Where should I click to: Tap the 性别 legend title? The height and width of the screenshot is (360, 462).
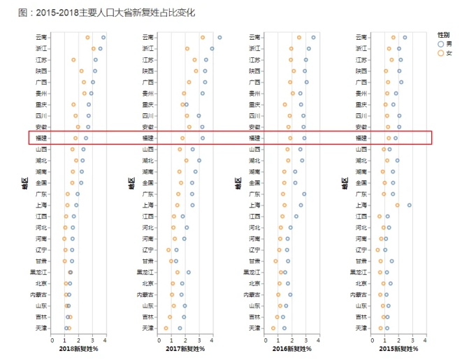(x=443, y=34)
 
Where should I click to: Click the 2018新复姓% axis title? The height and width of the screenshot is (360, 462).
(x=78, y=348)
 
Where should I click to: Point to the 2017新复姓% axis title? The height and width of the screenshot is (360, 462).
(x=186, y=348)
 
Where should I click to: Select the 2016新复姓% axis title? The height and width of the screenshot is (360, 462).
(x=294, y=348)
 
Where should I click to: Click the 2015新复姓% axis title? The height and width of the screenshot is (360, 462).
(x=400, y=348)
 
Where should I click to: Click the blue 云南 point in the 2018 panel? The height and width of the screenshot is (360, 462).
(x=103, y=37)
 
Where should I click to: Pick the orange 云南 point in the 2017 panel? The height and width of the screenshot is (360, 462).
(x=203, y=37)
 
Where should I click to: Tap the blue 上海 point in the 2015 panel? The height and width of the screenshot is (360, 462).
(x=410, y=205)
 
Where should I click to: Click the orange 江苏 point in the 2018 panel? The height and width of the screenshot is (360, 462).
(x=73, y=59)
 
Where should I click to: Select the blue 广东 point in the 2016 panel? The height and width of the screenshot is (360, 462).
(x=304, y=194)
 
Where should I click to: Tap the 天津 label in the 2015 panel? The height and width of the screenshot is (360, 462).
(x=362, y=328)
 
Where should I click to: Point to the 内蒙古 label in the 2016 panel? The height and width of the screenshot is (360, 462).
(x=253, y=294)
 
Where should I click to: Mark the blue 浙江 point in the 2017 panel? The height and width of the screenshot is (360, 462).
(x=212, y=48)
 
